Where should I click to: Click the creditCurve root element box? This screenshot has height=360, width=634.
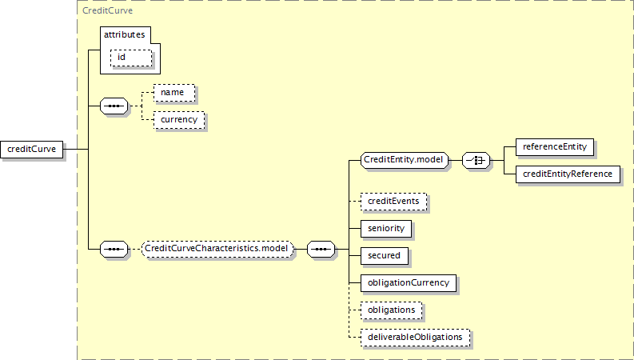pyautogui.click(x=31, y=150)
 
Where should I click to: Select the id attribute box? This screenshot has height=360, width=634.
pyautogui.click(x=131, y=58)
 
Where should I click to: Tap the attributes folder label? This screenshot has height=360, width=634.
pyautogui.click(x=124, y=34)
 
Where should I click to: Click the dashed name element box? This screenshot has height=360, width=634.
pyautogui.click(x=174, y=93)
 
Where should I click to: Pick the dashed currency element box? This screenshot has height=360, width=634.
pyautogui.click(x=179, y=120)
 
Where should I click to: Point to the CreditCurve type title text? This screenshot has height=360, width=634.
pyautogui.click(x=108, y=10)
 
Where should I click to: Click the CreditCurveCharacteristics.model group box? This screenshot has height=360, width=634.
pyautogui.click(x=217, y=249)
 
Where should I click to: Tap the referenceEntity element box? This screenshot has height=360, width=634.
pyautogui.click(x=555, y=147)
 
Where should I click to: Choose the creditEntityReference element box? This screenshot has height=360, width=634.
pyautogui.click(x=568, y=174)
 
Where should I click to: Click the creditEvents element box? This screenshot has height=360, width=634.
pyautogui.click(x=393, y=202)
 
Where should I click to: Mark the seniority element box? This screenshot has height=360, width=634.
pyautogui.click(x=386, y=229)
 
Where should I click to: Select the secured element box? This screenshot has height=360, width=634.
pyautogui.click(x=385, y=256)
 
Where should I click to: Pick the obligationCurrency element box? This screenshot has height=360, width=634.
pyautogui.click(x=409, y=283)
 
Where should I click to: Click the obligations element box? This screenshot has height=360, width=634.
pyautogui.click(x=392, y=310)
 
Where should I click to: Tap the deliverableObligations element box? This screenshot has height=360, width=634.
pyautogui.click(x=415, y=338)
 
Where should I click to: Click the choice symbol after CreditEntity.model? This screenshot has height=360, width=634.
pyautogui.click(x=476, y=161)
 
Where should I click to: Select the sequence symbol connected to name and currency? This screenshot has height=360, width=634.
pyautogui.click(x=114, y=106)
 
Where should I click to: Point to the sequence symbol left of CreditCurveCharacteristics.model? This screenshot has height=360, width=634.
pyautogui.click(x=114, y=249)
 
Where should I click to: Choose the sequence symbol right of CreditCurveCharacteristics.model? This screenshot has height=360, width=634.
pyautogui.click(x=321, y=249)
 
